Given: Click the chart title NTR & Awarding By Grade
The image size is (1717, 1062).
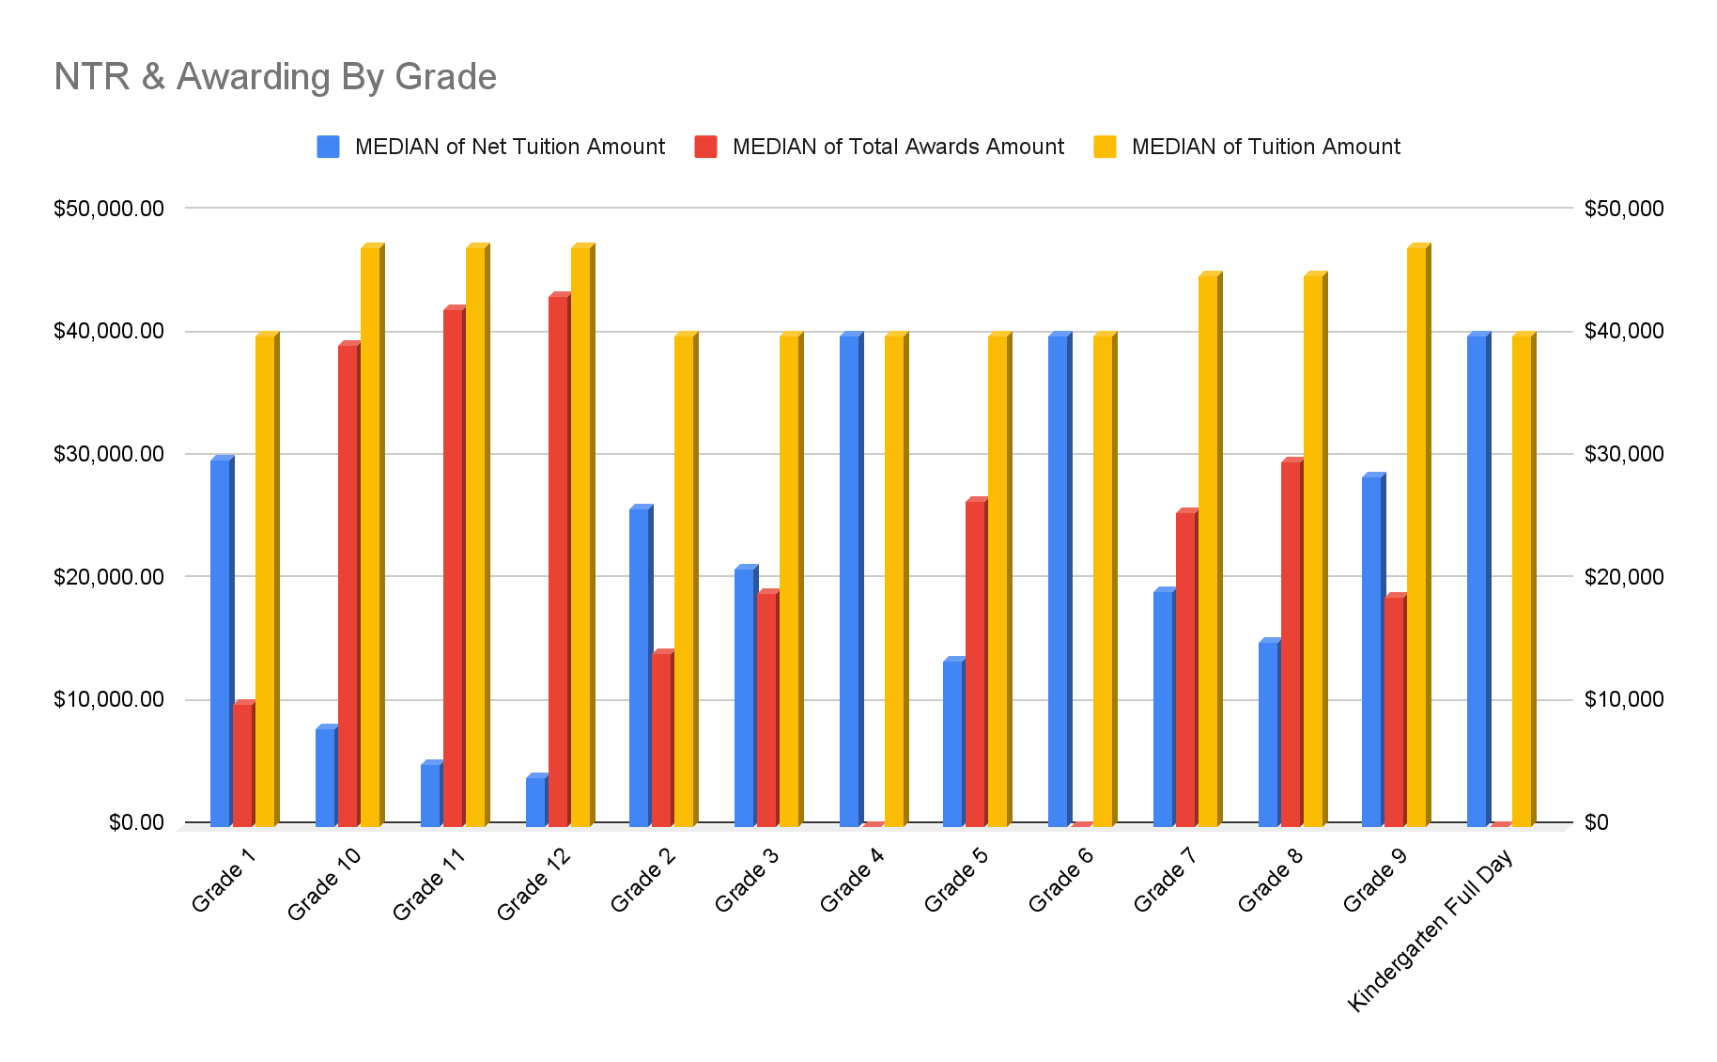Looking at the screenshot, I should coord(274,76).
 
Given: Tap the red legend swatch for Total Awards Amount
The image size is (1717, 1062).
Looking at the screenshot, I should coord(705,147).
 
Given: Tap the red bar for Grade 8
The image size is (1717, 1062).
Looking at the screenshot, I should coord(1291,644).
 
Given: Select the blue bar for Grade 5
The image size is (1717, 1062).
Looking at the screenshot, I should coord(952,743).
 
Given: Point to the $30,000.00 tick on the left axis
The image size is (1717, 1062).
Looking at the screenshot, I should coord(108,454).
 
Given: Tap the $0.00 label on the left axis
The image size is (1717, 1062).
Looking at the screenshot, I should coord(135,822).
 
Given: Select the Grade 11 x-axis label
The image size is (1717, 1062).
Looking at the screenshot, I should coord(427,882).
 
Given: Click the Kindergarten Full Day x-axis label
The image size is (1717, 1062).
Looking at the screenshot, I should coord(1431,929).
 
